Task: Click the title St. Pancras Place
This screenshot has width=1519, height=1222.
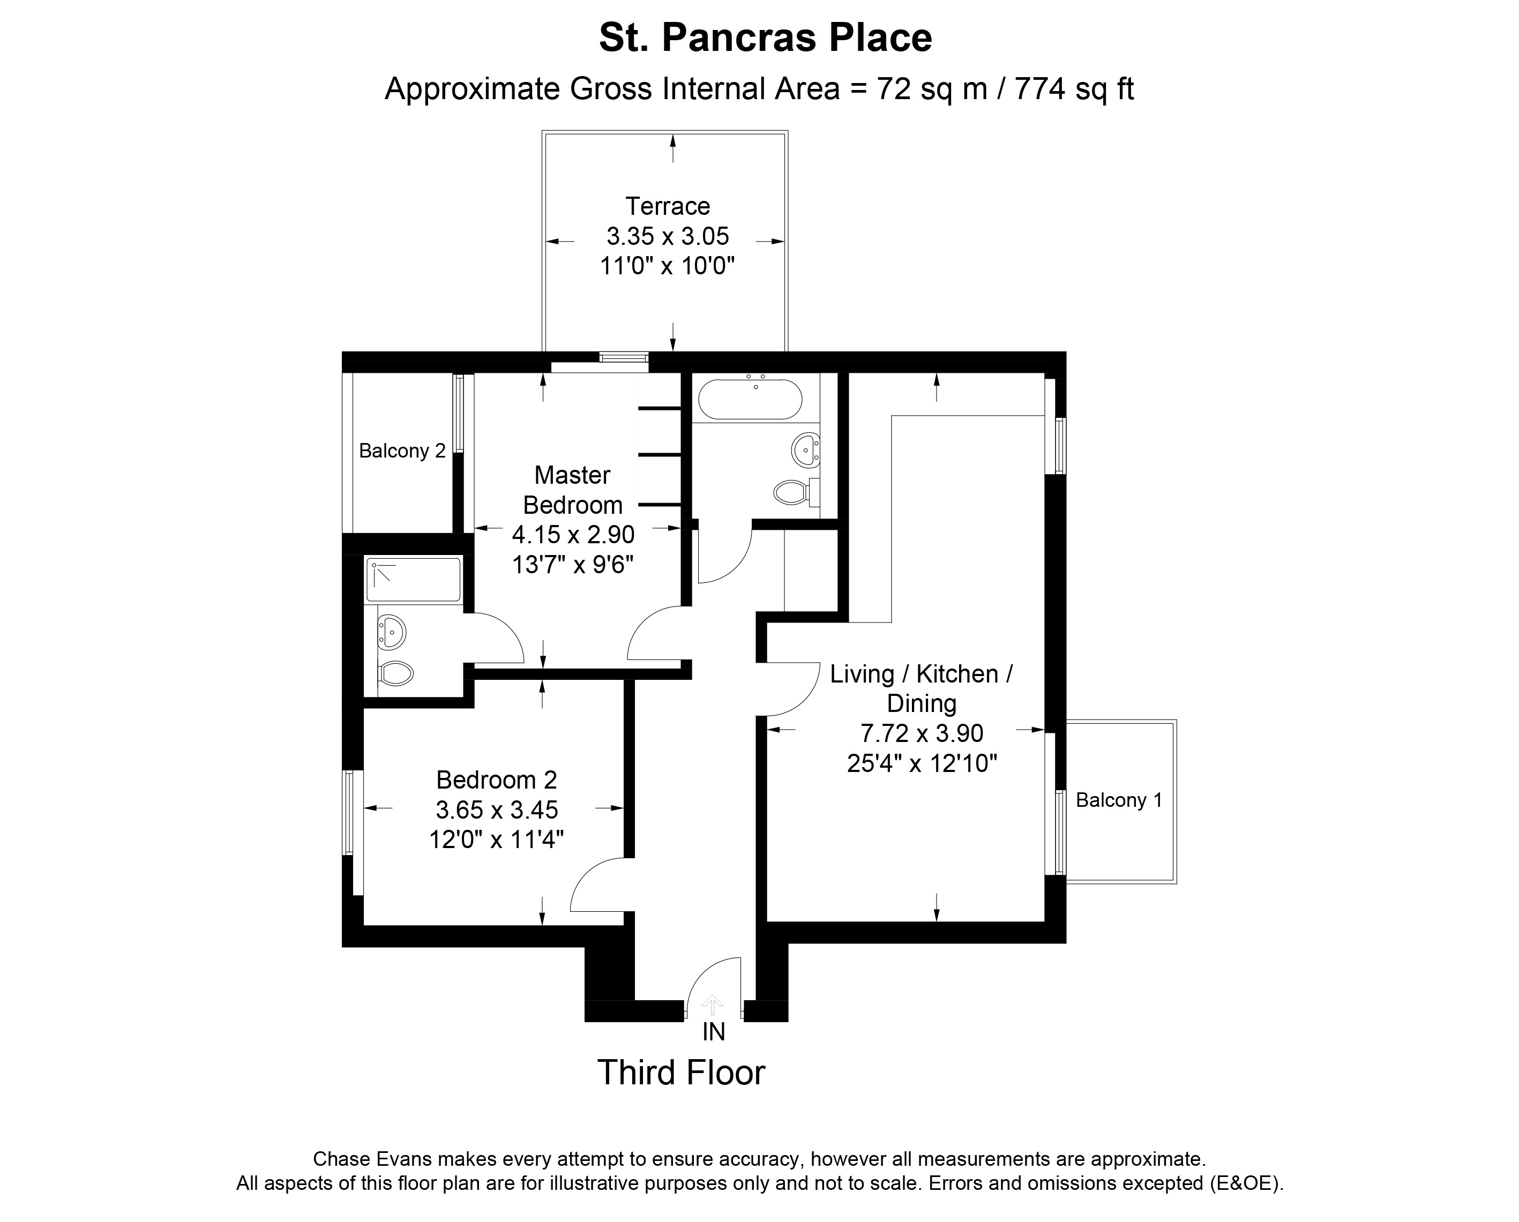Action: click(x=765, y=38)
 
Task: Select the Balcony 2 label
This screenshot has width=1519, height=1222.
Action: click(x=402, y=451)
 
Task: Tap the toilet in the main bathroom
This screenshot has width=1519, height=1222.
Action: click(x=791, y=492)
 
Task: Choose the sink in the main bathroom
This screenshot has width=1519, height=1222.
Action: click(x=805, y=449)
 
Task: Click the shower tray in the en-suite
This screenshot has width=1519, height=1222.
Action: click(x=413, y=579)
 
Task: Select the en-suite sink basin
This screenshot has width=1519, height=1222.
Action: click(x=391, y=632)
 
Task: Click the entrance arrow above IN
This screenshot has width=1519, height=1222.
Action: click(x=713, y=1004)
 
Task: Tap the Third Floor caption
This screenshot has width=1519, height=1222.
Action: click(x=682, y=1073)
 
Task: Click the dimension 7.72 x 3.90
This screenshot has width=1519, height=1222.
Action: click(x=922, y=733)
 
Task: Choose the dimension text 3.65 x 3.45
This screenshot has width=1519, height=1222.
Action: click(x=497, y=810)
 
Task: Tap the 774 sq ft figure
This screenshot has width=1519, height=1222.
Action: click(x=1074, y=89)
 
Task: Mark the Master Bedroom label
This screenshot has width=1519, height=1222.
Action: click(x=572, y=490)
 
